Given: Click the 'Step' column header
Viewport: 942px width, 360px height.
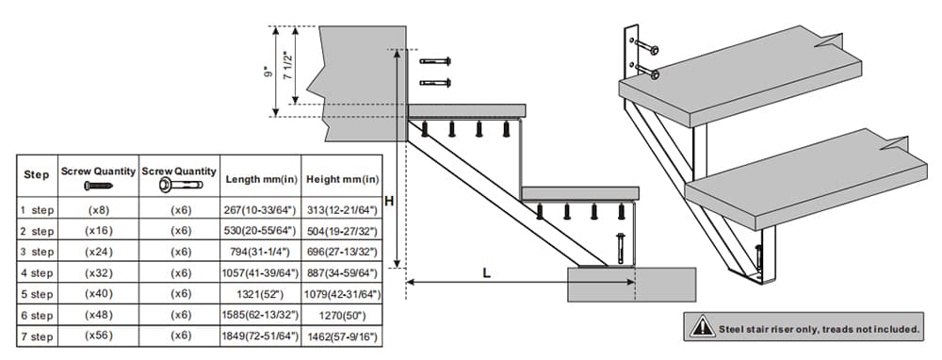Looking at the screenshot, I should (36, 175).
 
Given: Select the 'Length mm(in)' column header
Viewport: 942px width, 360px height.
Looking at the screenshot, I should (262, 177).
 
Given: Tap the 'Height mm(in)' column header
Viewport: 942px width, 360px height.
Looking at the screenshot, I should (343, 177).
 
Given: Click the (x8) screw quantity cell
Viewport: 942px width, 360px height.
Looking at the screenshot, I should (98, 209).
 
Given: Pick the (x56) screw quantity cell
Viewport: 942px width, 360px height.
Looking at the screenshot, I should (98, 336).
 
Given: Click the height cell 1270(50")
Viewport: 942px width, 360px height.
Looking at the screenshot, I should (343, 316).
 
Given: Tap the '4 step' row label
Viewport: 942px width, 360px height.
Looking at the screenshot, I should (37, 273).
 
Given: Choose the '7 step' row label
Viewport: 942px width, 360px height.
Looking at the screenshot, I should (37, 336).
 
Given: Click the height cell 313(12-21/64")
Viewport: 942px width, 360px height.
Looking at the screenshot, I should (343, 209).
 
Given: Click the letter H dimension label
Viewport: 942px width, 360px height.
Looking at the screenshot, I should (389, 201).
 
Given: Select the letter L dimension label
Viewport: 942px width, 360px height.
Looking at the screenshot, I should (486, 272).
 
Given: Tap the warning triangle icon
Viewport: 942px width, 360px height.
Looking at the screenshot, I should (703, 327).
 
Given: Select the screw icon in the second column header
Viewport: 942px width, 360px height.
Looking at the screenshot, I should (98, 185).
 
